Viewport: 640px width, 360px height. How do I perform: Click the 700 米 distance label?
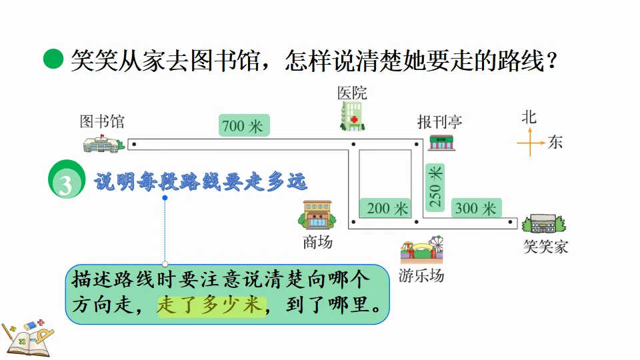243,125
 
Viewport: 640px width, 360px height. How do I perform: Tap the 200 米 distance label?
387,209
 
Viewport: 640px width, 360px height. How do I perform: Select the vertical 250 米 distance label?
435,189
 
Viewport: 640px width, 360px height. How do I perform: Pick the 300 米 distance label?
475,209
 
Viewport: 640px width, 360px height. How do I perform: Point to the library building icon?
103,143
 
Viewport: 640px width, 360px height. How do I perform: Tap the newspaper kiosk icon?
441,142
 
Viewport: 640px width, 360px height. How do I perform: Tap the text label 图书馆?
101,121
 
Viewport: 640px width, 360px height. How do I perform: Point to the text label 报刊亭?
439,122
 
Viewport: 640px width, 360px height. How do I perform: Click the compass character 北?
529,117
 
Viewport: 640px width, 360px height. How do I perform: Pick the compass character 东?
555,142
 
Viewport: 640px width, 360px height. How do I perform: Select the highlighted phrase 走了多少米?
211,306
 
